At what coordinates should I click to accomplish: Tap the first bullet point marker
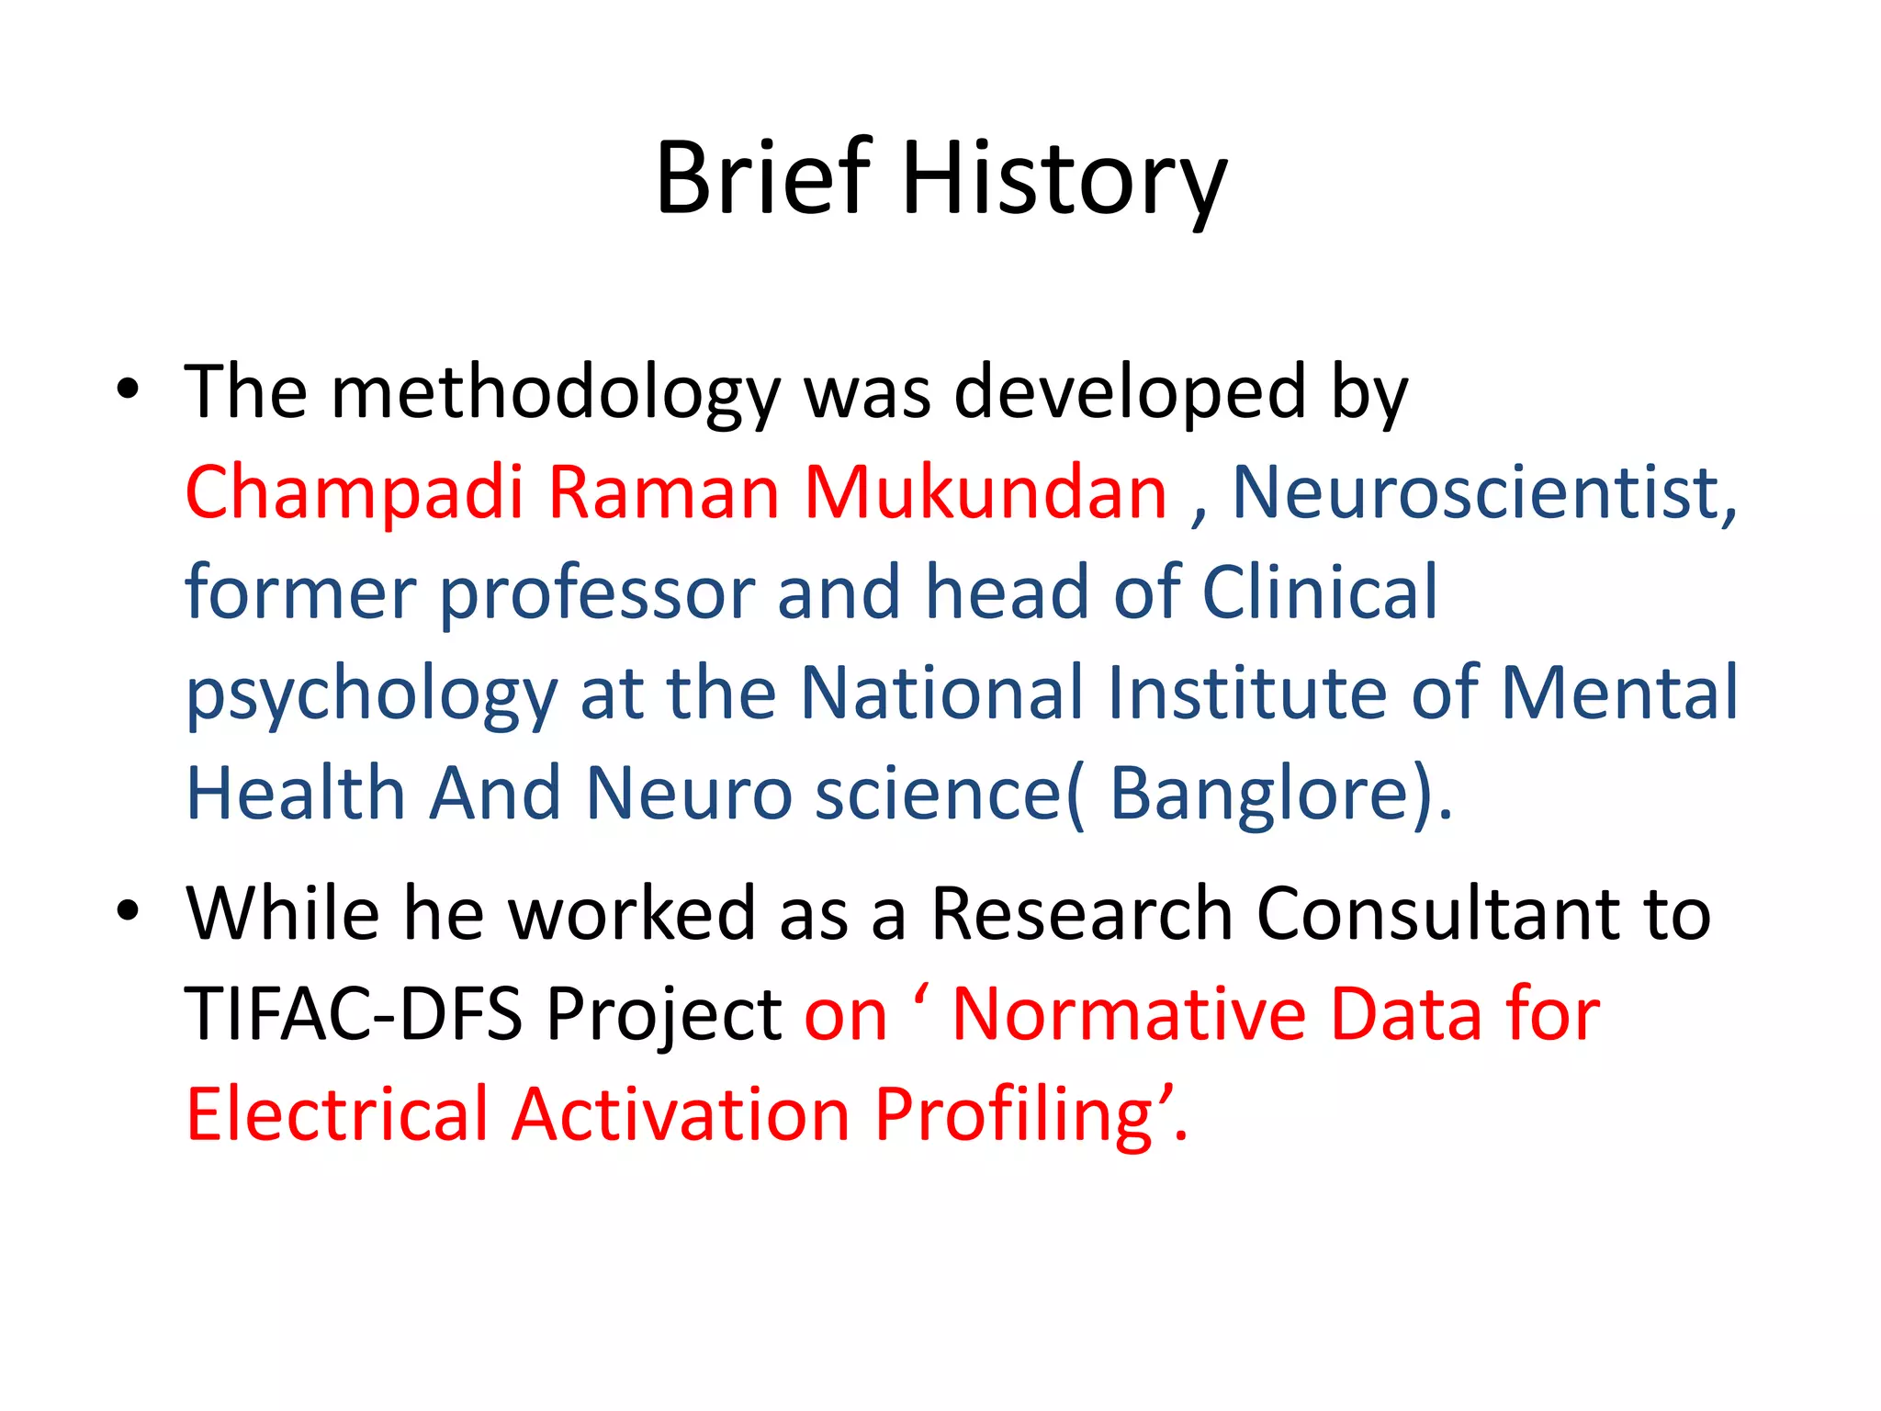pyautogui.click(x=128, y=389)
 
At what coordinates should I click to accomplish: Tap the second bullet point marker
pyautogui.click(x=128, y=911)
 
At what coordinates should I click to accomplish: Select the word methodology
pyautogui.click(x=555, y=393)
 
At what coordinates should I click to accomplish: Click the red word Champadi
pyautogui.click(x=354, y=493)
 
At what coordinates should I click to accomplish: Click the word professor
pyautogui.click(x=597, y=593)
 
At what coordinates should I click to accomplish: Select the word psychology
pyautogui.click(x=371, y=694)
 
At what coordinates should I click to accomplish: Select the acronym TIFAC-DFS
pyautogui.click(x=353, y=1014)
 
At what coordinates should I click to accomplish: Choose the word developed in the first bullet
pyautogui.click(x=1130, y=393)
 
